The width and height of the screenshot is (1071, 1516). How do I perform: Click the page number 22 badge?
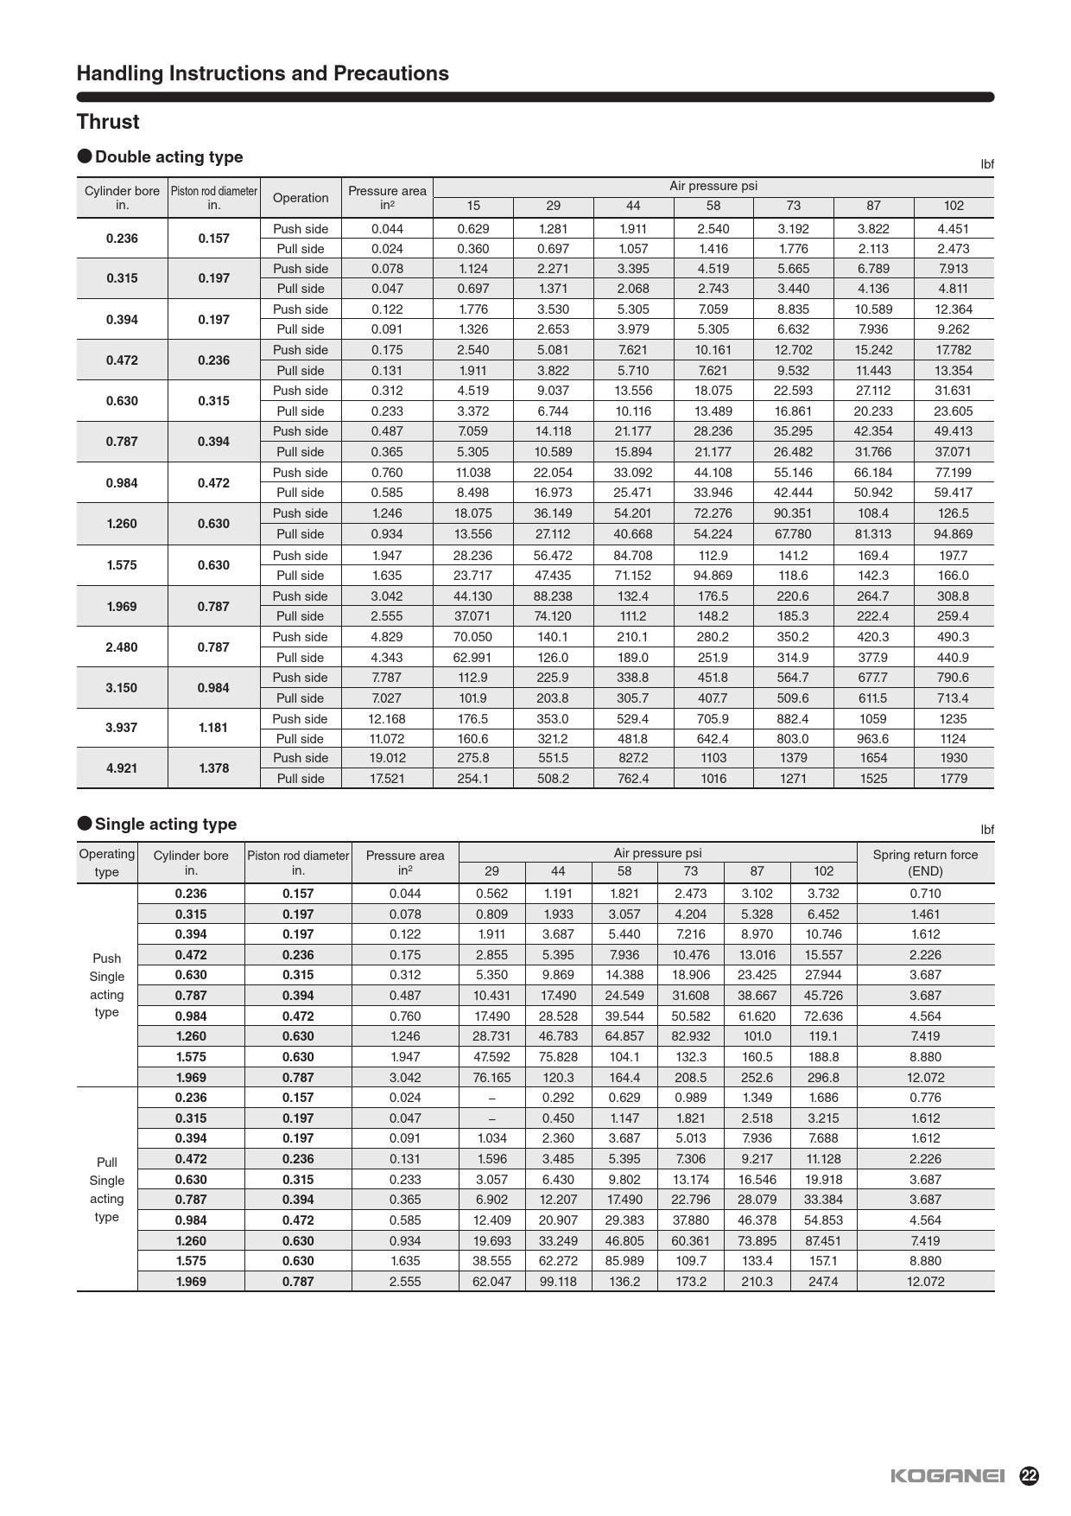(x=1029, y=1475)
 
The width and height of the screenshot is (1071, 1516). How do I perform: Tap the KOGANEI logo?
(x=947, y=1476)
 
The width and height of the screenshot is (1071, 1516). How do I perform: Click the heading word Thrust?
(x=108, y=122)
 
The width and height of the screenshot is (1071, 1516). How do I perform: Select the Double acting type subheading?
(x=168, y=157)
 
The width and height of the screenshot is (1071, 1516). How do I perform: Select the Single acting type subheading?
(x=165, y=825)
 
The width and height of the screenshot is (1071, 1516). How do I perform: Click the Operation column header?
(x=301, y=198)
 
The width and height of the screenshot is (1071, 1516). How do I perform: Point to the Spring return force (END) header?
(x=925, y=863)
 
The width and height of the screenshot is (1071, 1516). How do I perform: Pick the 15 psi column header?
(x=473, y=206)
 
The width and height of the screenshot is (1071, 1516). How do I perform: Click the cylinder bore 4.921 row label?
(x=122, y=768)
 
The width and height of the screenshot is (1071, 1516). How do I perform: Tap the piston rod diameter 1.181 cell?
(x=213, y=728)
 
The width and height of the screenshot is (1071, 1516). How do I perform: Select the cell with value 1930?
(x=954, y=758)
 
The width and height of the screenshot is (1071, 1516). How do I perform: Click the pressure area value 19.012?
(x=387, y=758)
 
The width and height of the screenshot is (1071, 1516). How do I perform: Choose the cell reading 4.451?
(x=954, y=229)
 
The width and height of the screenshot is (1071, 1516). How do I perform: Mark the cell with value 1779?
(x=954, y=779)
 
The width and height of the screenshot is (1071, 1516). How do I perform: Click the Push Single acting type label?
(x=107, y=985)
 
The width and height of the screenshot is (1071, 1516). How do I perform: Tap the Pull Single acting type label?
(x=107, y=1189)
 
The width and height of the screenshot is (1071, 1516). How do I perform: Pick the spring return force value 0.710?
(x=925, y=894)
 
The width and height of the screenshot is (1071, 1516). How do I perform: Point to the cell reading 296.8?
(x=823, y=1078)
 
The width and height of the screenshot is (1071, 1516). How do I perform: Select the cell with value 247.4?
(x=823, y=1282)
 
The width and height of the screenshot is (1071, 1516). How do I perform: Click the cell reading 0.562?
(x=491, y=894)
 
